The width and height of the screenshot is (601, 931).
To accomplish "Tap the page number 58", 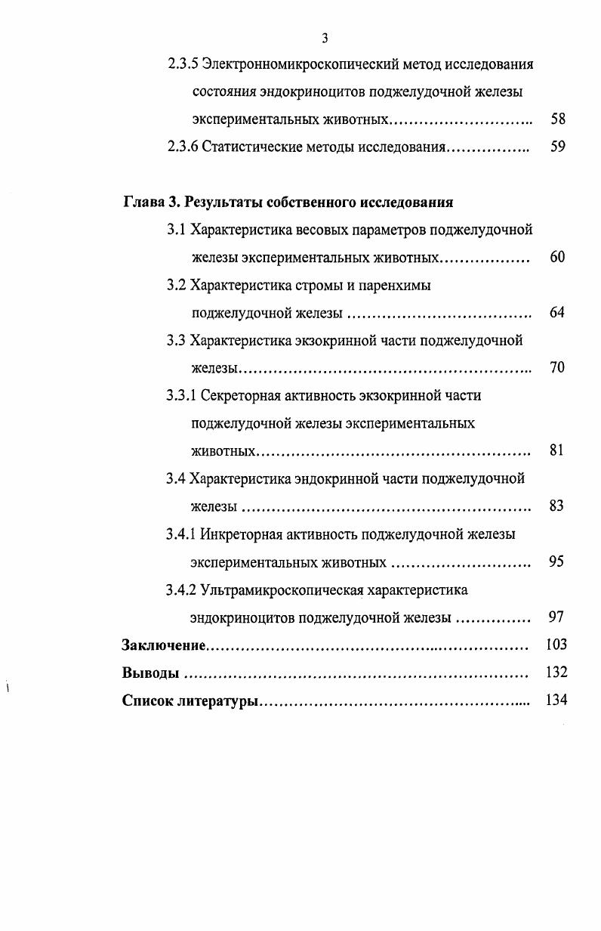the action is coord(558,119).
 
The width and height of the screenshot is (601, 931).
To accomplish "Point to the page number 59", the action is coord(558,147).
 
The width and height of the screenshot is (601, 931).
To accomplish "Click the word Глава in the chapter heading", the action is coord(143,203).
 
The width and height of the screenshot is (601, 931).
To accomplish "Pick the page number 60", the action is coord(557,258).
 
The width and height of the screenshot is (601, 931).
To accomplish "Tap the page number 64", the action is coord(557,313).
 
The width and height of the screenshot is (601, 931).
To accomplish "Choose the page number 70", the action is coord(557,368).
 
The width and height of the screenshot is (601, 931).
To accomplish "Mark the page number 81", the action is coord(557,451).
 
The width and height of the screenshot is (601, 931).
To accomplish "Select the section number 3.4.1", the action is coord(181,534).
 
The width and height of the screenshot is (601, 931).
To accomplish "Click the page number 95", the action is coord(557,562).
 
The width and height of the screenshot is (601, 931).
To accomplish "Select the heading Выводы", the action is coord(150,673).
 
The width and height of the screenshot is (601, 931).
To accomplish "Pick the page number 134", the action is coord(556,701).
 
